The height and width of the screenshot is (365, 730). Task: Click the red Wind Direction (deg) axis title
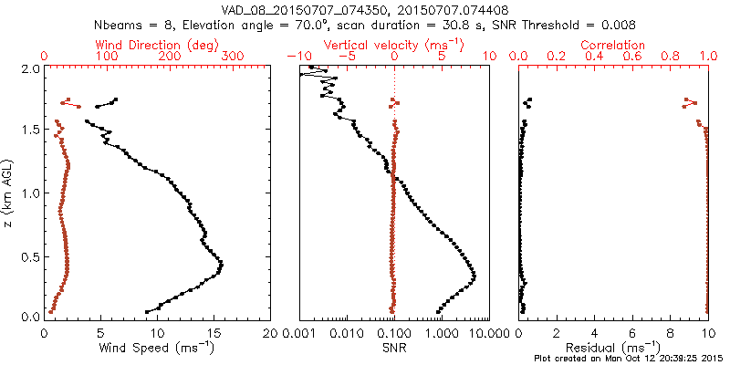pos(156,45)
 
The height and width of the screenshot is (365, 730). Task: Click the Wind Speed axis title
pos(157,348)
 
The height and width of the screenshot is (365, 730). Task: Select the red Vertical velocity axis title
pos(394,45)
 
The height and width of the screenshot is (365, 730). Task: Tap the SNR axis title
pos(394,348)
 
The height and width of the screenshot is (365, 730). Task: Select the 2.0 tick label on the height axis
pos(29,69)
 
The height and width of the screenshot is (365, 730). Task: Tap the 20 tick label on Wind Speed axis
pos(269,334)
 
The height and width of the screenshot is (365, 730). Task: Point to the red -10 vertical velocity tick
pos(295,57)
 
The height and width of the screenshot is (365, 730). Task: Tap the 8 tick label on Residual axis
pos(670,334)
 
